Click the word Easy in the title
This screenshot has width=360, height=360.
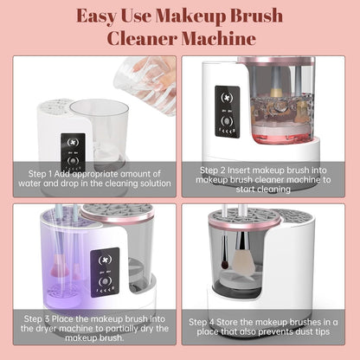(103, 15)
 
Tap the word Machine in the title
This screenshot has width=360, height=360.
(224, 39)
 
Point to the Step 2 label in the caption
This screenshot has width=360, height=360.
(218, 170)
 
